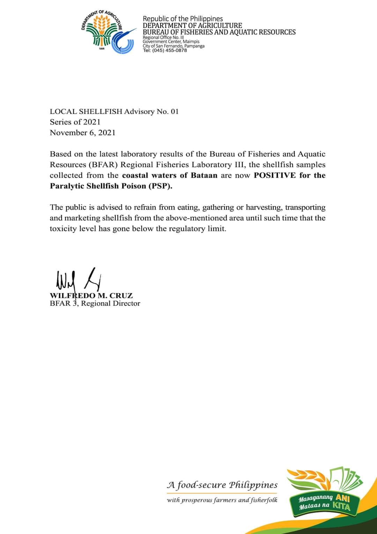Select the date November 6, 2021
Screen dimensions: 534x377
click(x=83, y=133)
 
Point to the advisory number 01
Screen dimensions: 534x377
click(x=174, y=112)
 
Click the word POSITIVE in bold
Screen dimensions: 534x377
click(x=275, y=175)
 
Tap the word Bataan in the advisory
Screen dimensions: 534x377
click(x=204, y=175)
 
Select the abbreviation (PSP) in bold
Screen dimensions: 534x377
click(x=161, y=186)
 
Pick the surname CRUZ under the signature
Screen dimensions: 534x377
click(x=121, y=296)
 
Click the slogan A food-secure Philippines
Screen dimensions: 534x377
click(x=222, y=485)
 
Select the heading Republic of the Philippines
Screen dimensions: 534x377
click(x=183, y=19)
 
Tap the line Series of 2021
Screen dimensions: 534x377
click(x=75, y=122)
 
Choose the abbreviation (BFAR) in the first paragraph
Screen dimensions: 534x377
click(x=99, y=165)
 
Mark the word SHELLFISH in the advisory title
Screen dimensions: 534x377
click(x=101, y=112)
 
